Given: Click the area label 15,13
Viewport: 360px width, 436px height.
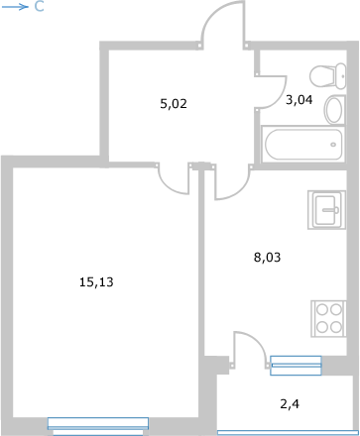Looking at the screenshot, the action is [x=96, y=282].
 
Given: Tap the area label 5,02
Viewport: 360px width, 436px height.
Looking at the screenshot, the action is [x=174, y=104].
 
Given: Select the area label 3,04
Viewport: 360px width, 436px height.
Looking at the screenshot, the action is [x=300, y=100].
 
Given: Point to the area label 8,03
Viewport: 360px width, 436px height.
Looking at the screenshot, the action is [x=267, y=258].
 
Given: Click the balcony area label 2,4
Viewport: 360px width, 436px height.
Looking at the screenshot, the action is [x=290, y=404].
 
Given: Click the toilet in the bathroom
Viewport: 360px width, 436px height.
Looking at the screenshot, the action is [x=328, y=76].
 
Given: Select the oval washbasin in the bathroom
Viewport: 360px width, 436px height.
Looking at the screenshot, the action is [x=334, y=110].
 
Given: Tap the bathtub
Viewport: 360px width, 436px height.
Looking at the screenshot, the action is [x=303, y=145].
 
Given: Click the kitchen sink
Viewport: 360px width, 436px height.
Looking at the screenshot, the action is [x=326, y=210].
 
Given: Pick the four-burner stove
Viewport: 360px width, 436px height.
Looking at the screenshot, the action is [x=328, y=319].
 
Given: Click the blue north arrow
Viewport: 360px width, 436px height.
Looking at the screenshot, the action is [x=15, y=7].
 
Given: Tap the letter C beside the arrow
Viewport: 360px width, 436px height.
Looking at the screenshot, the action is [x=39, y=7].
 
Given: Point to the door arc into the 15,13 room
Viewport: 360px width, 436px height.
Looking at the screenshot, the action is [x=169, y=187].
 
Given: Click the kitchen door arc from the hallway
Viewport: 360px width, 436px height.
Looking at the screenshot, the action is [x=240, y=191].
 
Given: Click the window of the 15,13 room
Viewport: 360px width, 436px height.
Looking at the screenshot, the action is [x=98, y=426].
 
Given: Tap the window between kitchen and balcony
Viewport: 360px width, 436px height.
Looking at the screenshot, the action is [x=296, y=366].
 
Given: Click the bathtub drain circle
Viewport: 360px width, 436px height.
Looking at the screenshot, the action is [x=333, y=145].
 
